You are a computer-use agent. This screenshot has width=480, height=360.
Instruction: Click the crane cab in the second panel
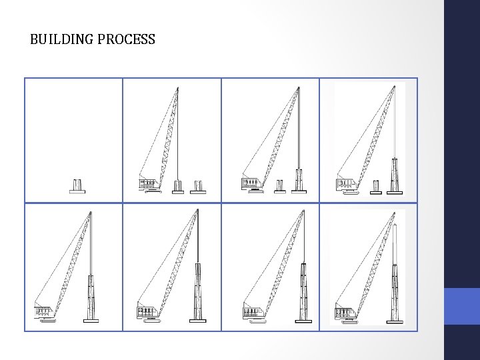coord(149,184)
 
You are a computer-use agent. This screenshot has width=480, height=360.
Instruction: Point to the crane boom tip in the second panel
coord(177,88)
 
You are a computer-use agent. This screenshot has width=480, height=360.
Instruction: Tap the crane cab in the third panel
coord(252,183)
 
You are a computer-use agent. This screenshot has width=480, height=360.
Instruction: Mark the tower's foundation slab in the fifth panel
coord(91,321)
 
